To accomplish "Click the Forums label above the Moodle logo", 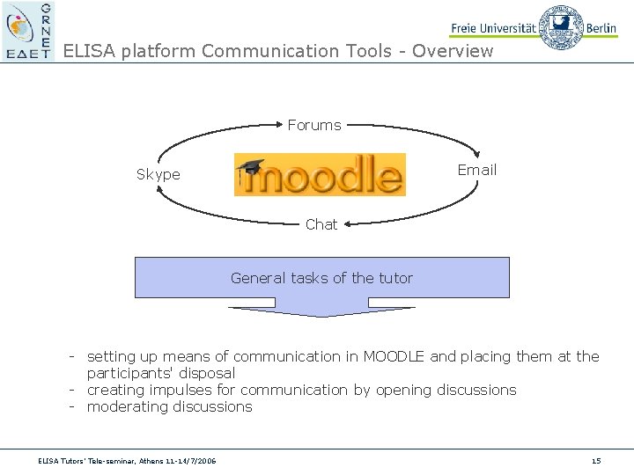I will [x=314, y=126].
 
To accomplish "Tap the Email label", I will [x=477, y=170].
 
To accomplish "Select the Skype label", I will [x=158, y=175].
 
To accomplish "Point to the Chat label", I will [x=321, y=225].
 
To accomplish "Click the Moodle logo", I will [x=321, y=175].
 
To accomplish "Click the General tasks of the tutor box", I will [x=321, y=278].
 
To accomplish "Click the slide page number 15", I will [x=596, y=461].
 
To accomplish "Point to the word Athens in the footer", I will [x=158, y=461].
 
